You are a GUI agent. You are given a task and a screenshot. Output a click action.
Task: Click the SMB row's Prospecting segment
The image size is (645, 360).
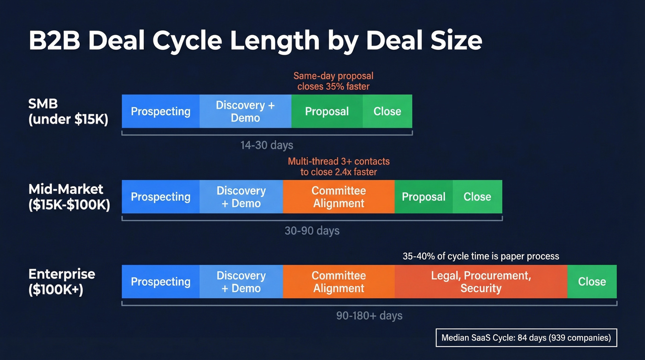pos(160,112)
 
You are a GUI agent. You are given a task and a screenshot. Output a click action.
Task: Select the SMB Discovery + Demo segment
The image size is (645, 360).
pos(245,112)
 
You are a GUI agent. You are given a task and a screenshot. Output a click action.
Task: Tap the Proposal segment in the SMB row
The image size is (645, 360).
pos(327,112)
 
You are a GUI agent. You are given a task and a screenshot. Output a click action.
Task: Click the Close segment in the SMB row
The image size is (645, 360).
pos(387,112)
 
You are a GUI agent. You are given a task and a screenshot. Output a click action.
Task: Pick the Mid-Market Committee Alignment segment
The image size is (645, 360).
pos(339,197)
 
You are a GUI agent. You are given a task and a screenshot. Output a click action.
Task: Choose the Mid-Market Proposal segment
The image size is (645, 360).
pos(423,197)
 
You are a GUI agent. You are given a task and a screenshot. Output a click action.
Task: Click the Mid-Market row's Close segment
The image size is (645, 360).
pos(477,197)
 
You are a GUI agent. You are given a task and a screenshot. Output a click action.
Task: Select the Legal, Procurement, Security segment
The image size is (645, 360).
pos(481,282)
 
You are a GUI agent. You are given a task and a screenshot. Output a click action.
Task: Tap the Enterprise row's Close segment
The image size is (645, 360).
pos(592,282)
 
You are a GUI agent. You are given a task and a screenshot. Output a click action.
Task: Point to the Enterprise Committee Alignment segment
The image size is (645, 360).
pos(339,282)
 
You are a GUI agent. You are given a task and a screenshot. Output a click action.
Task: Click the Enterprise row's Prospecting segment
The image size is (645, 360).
pos(160,282)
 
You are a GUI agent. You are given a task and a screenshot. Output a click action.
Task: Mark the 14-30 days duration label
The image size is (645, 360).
pos(267,145)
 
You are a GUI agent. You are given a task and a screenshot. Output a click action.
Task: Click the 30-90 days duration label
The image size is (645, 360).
pos(312,230)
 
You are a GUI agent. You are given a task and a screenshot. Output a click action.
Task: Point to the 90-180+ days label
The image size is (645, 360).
pos(369,316)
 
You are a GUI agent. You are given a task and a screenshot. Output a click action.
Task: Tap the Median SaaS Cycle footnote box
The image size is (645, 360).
pos(526,337)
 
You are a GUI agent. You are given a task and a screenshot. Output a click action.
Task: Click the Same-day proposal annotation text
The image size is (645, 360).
pos(334,81)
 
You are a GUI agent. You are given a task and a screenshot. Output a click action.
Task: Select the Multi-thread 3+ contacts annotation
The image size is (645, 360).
pos(339,166)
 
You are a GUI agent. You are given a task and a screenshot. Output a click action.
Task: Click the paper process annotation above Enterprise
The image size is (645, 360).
pos(481,256)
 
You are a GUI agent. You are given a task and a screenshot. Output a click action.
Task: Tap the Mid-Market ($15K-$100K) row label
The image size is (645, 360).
pos(69,197)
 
